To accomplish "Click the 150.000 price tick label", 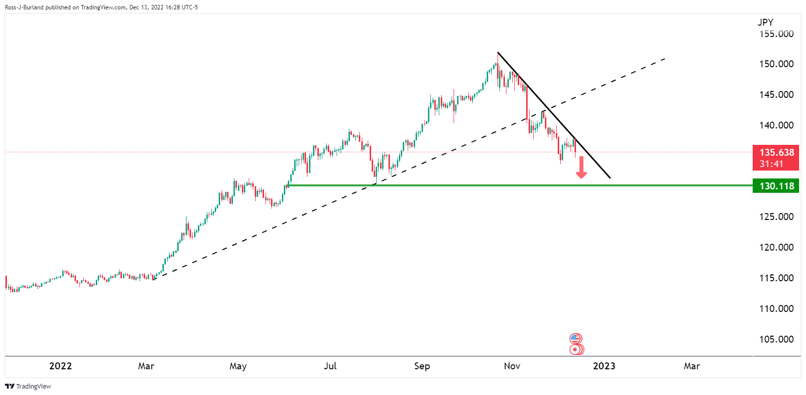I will tap(776, 64).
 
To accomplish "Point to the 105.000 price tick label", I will tap(776, 339).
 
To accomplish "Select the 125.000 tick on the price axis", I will tap(776, 217).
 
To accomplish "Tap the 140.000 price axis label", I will tap(776, 125).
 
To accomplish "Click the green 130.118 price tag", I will tap(776, 186).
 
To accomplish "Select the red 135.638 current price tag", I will tap(776, 153).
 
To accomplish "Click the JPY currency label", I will tap(766, 22).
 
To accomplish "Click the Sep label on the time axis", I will tap(422, 366).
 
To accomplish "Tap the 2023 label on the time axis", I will tap(604, 366).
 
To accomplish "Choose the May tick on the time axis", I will tap(238, 366).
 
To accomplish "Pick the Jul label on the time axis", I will tap(330, 366).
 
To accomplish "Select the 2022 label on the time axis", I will tap(61, 366).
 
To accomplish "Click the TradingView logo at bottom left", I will tap(28, 386).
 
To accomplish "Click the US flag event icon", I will tap(575, 339).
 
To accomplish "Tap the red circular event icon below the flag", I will tap(575, 350).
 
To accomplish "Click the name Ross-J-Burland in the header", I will tap(24, 7).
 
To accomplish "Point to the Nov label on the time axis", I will tap(512, 366).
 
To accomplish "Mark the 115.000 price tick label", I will tap(776, 278).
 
